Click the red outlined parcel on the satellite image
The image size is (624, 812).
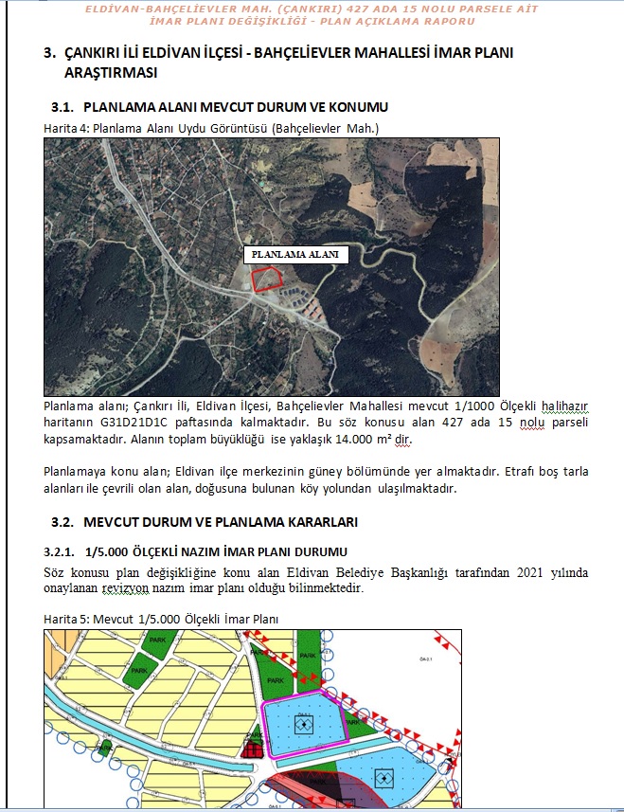(267, 279)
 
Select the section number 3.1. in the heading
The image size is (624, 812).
(62, 107)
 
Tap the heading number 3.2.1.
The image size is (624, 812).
(62, 551)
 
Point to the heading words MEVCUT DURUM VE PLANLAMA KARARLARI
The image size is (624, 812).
(221, 522)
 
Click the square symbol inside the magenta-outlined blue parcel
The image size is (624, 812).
(303, 725)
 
